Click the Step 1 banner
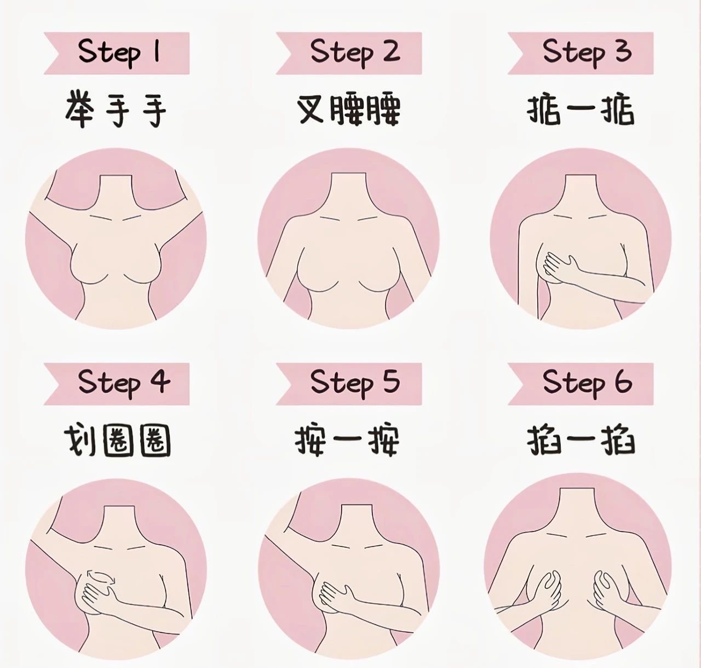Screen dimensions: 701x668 coord(117,53)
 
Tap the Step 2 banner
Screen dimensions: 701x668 coord(349,53)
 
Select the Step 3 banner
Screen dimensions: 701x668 coord(581,53)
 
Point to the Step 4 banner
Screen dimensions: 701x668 coord(117,384)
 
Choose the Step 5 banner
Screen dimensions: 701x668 coord(349,384)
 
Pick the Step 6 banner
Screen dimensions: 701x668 coord(581,384)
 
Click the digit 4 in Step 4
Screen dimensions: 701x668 coord(159,381)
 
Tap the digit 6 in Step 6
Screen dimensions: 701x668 coord(623,381)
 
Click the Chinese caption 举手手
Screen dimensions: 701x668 coord(116,109)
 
